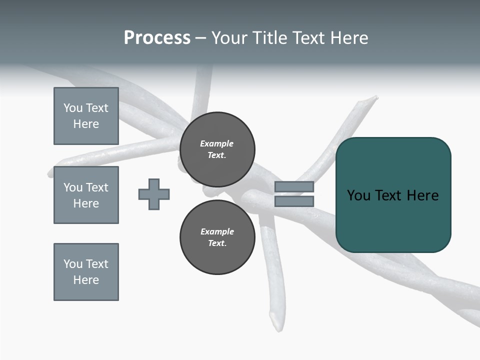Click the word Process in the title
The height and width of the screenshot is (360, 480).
[157, 38]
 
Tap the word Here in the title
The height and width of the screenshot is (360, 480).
[348, 38]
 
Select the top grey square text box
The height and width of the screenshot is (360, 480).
[86, 116]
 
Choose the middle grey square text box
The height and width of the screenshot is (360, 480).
[86, 195]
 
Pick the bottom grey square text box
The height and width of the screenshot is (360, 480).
[86, 272]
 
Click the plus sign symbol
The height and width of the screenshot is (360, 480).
[154, 194]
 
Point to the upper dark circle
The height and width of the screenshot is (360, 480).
[217, 149]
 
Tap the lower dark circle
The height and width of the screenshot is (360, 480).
[217, 237]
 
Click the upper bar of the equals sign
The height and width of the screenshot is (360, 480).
[294, 186]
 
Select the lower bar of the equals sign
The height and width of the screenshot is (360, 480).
[294, 201]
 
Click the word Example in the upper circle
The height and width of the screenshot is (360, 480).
[216, 143]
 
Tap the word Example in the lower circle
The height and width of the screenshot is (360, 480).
[217, 231]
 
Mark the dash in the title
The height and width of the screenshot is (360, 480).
[201, 38]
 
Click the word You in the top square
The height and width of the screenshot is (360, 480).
[73, 108]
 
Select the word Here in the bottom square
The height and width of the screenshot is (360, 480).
[86, 280]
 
